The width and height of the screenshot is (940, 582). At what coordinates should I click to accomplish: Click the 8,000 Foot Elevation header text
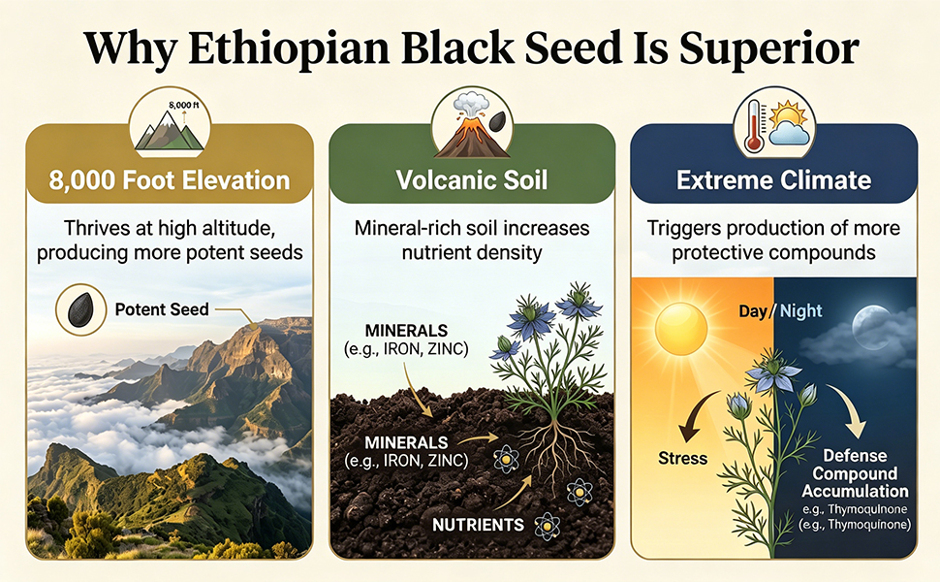(170, 180)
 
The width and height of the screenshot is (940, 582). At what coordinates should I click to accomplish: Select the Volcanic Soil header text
(472, 180)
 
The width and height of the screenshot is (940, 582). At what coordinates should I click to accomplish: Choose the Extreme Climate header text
(774, 180)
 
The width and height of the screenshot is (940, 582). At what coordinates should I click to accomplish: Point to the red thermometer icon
(754, 126)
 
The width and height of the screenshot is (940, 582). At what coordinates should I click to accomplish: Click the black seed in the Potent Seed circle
(81, 309)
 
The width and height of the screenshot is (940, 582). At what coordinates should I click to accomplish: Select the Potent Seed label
(162, 309)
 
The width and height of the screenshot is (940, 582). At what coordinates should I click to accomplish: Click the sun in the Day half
(681, 330)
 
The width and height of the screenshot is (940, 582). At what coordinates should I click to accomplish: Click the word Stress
(683, 459)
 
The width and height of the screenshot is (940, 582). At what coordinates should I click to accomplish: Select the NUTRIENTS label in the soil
(479, 525)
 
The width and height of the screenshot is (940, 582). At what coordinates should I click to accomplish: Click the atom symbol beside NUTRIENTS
(547, 526)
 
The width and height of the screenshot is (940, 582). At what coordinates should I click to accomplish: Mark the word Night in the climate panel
(801, 310)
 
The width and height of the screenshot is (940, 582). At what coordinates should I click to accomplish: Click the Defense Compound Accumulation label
(855, 473)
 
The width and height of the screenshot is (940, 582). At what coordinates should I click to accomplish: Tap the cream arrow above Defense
(850, 411)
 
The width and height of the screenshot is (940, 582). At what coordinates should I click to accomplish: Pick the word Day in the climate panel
(753, 311)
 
